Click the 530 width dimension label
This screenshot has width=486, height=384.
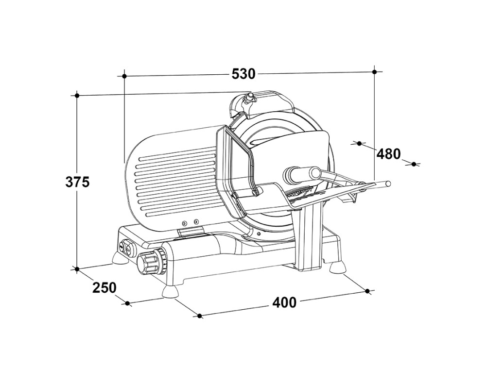243,74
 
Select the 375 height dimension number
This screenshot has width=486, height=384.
78,182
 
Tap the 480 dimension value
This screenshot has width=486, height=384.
389,154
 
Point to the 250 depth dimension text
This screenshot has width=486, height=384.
104,287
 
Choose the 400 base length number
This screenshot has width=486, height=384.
284,302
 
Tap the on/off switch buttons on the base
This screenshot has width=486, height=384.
125,249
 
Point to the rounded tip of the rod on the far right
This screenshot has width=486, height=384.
388,184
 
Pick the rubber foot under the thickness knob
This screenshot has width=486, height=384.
170,291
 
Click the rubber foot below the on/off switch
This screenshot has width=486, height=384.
120,258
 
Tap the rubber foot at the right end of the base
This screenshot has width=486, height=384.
337,267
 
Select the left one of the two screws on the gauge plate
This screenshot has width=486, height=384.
184,222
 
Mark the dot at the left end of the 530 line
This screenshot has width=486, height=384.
124,76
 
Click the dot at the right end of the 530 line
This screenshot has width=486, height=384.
374,72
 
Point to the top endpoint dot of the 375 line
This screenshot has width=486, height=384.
77,95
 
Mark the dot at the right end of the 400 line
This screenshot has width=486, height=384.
367,291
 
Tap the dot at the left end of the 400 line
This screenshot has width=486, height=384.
199,316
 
